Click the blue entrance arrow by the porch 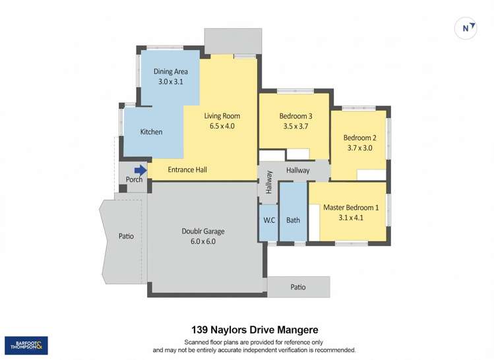(x=140, y=169)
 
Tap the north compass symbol (x=467, y=28)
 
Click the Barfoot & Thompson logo (x=26, y=346)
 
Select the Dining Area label (x=170, y=71)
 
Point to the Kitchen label (x=151, y=132)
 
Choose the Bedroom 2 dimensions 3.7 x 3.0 (x=359, y=148)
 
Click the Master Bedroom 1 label (x=351, y=207)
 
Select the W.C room (x=268, y=220)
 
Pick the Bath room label (x=293, y=220)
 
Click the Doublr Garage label (x=203, y=231)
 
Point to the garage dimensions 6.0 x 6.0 (x=203, y=241)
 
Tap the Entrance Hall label (x=187, y=170)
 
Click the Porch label (x=134, y=180)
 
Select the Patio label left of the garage (x=126, y=235)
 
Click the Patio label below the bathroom (x=299, y=287)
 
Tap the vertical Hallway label (x=269, y=182)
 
